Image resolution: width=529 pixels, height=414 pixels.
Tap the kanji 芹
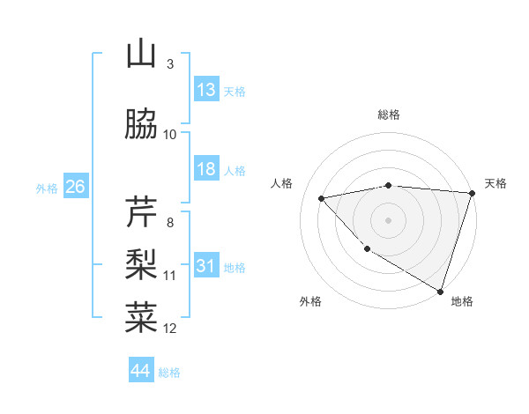[x=141, y=211]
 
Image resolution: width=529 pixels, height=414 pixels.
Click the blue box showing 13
[x=206, y=90]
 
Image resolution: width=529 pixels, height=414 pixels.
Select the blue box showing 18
[x=206, y=169]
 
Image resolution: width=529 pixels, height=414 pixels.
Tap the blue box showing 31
[x=206, y=266]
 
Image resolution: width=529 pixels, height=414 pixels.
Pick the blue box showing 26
[x=75, y=187]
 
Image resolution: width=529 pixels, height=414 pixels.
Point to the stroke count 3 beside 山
[x=170, y=64]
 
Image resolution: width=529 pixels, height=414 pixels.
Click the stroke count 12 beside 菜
[x=170, y=329]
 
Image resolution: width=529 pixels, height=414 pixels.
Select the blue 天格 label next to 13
[x=235, y=91]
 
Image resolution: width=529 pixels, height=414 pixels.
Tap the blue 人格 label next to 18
[x=235, y=170]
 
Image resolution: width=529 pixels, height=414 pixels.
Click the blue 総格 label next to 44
[x=169, y=372]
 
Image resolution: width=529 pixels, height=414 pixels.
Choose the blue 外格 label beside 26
[x=47, y=188]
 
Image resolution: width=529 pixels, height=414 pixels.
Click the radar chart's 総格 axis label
[x=389, y=115]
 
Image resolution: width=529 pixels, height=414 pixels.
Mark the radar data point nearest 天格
[x=473, y=193]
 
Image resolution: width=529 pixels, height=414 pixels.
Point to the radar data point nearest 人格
[x=322, y=198]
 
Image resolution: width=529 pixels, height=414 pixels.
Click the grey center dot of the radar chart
[x=389, y=219]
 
